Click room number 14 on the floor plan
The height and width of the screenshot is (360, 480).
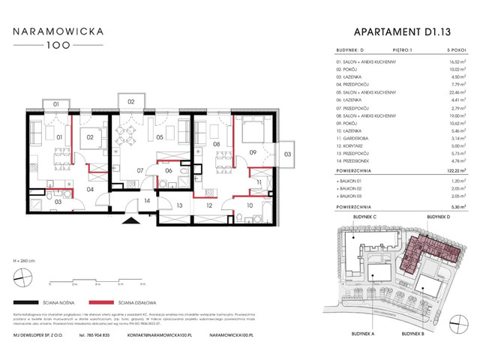[148, 200]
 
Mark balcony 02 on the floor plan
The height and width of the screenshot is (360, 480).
[130, 101]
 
